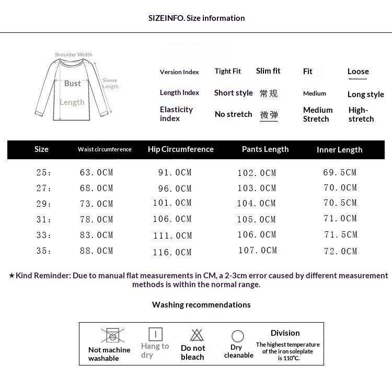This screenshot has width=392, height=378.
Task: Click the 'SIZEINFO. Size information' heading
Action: (x=197, y=18)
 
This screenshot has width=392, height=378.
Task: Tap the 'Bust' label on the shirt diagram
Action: (x=73, y=84)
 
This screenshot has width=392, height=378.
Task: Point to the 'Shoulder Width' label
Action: (x=74, y=55)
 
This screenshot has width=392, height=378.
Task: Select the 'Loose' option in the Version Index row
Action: (x=358, y=72)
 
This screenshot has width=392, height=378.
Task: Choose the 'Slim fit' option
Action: (x=268, y=71)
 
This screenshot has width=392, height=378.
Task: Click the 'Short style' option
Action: (x=233, y=93)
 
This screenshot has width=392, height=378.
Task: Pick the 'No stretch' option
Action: (x=233, y=114)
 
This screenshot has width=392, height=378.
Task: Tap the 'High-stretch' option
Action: (x=361, y=114)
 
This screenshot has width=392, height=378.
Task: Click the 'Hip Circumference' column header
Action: (x=181, y=149)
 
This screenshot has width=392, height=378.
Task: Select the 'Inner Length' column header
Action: (x=339, y=150)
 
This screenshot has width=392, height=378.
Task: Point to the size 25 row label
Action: (x=44, y=173)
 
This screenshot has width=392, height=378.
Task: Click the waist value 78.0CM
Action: (x=97, y=219)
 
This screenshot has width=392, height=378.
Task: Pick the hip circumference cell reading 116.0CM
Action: (x=172, y=253)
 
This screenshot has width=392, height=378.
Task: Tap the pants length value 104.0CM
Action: (x=257, y=204)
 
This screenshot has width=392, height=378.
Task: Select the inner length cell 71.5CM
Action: (x=341, y=235)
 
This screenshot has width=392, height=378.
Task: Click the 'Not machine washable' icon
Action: (x=111, y=335)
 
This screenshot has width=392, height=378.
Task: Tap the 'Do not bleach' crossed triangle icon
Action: (x=197, y=335)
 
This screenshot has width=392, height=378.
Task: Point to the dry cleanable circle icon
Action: (x=238, y=336)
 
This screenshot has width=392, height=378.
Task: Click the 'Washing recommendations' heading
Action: (x=201, y=305)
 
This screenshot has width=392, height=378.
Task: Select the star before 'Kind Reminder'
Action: (x=11, y=276)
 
